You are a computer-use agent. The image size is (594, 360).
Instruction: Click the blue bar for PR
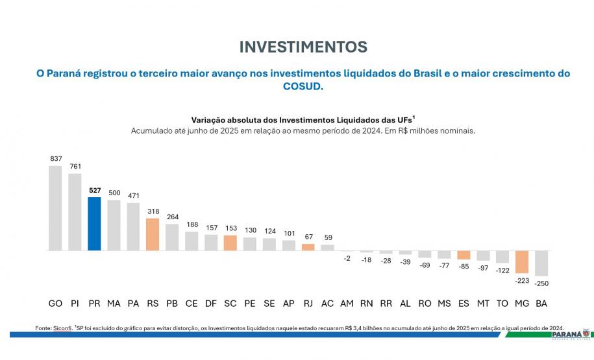pos(94,224)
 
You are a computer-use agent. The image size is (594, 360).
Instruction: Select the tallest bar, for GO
pos(55,208)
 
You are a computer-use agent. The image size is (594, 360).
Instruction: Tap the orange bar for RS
pos(153,234)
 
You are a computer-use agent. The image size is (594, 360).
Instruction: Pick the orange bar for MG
pos(522,261)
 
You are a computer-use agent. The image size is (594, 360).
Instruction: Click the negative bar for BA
pos(541,263)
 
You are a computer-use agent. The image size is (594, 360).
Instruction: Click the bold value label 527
pos(94,191)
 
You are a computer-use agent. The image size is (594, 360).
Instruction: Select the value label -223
pos(522,280)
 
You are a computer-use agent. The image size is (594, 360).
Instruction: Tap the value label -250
pos(541,283)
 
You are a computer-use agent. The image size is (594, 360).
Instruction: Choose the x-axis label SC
pos(230,304)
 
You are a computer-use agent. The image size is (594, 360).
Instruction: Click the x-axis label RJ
pos(308,304)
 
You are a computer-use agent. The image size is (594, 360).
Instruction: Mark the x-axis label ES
pos(464,304)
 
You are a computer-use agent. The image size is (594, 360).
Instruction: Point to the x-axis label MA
pos(114,304)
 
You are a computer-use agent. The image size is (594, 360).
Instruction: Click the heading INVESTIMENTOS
pos(303,47)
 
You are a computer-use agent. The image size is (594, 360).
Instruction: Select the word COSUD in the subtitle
pos(303,87)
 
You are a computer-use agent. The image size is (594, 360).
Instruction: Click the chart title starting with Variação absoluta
pos(303,119)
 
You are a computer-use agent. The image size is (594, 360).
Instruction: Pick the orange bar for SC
pos(230,243)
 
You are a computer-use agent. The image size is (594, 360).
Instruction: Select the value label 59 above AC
pos(328,237)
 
